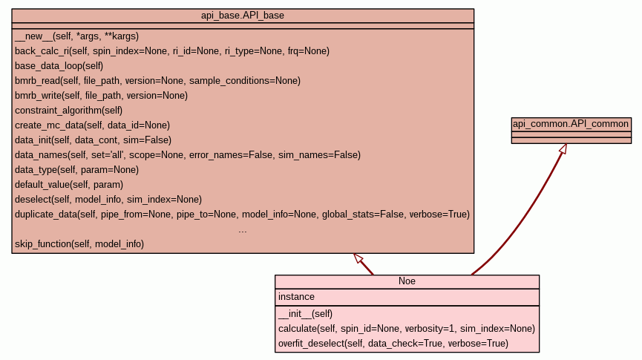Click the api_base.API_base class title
tap(243, 15)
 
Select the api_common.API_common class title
tap(571, 124)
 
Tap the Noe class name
tap(407, 281)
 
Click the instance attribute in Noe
tap(296, 297)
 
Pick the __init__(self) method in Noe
tap(305, 313)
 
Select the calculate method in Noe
tap(406, 328)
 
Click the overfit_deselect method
tap(393, 343)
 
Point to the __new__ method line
tap(76, 36)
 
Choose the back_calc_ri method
tap(171, 50)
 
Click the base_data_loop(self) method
tap(59, 65)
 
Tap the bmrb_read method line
tap(157, 80)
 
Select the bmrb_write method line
tap(101, 95)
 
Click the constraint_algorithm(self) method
tap(68, 110)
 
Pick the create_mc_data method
tap(92, 125)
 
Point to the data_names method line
tap(187, 154)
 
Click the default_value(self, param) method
tap(68, 184)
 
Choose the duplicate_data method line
tap(242, 215)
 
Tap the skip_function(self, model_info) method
tap(79, 243)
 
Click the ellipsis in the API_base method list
tap(243, 230)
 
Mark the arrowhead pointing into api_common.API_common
tap(563, 149)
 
